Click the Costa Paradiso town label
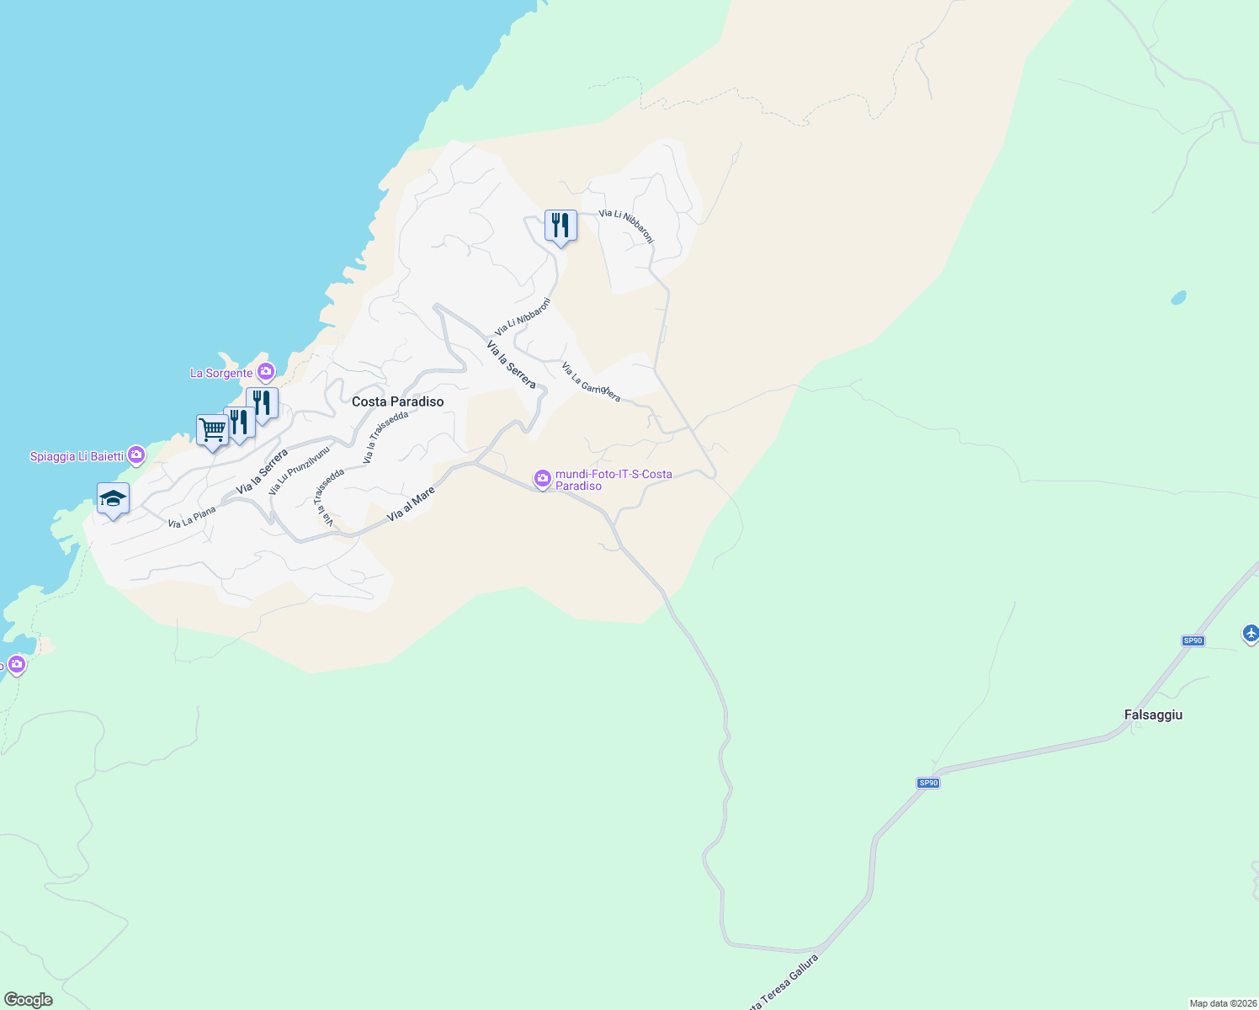397,401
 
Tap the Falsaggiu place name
1153,715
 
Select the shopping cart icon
212,431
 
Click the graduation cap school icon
113,499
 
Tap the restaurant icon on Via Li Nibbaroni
560,226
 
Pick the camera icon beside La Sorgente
266,371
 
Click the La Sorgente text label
221,373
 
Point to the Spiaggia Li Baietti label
77,456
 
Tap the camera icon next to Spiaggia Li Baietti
136,455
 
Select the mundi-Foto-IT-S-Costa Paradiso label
614,480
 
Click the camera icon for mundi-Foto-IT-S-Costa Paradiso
543,479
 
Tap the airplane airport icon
1251,632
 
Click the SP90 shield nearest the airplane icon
1193,641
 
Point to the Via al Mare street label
411,503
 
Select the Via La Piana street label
192,517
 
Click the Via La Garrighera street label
591,382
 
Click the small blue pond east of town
1178,297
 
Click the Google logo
29,1000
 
